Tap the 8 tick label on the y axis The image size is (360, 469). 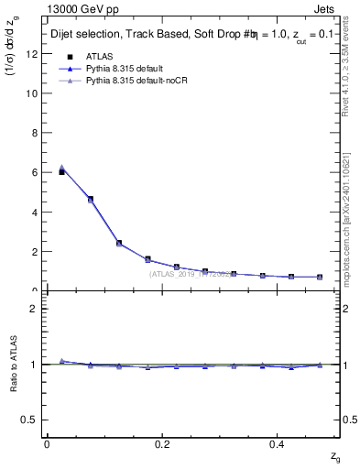[x=33, y=132]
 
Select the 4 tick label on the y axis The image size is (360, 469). [x=33, y=212]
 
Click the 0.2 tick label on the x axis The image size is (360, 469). [x=162, y=443]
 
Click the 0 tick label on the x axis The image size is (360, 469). [x=47, y=443]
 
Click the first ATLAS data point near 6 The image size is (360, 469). [x=61, y=171]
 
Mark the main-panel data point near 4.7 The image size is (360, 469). [x=90, y=199]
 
